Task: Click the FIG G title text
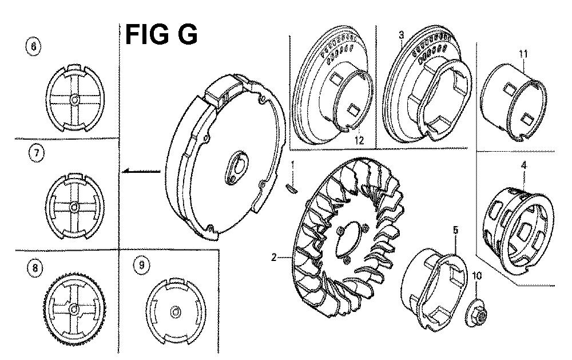[x=161, y=34]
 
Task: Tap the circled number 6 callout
[x=34, y=46]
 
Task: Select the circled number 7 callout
[x=36, y=153]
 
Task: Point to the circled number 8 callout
[x=35, y=268]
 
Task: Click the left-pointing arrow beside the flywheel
[x=141, y=171]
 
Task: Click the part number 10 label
[x=477, y=276]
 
